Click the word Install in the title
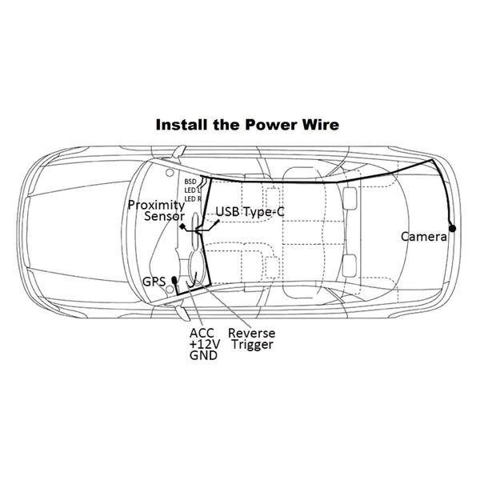182,125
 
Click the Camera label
424,237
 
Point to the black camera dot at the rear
452,228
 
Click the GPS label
154,282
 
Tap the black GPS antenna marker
174,280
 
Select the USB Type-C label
250,212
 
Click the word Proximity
157,206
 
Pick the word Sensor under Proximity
164,217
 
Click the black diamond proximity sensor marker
182,226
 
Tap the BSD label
190,182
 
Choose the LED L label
192,190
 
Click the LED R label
193,199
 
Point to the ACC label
202,333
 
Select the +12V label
205,344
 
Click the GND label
203,355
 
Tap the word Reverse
252,333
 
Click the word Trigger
252,345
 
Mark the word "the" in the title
226,125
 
